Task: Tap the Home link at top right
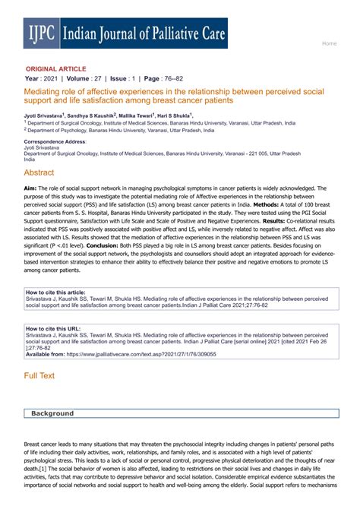tap(329, 43)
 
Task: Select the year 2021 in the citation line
tap(51, 78)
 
